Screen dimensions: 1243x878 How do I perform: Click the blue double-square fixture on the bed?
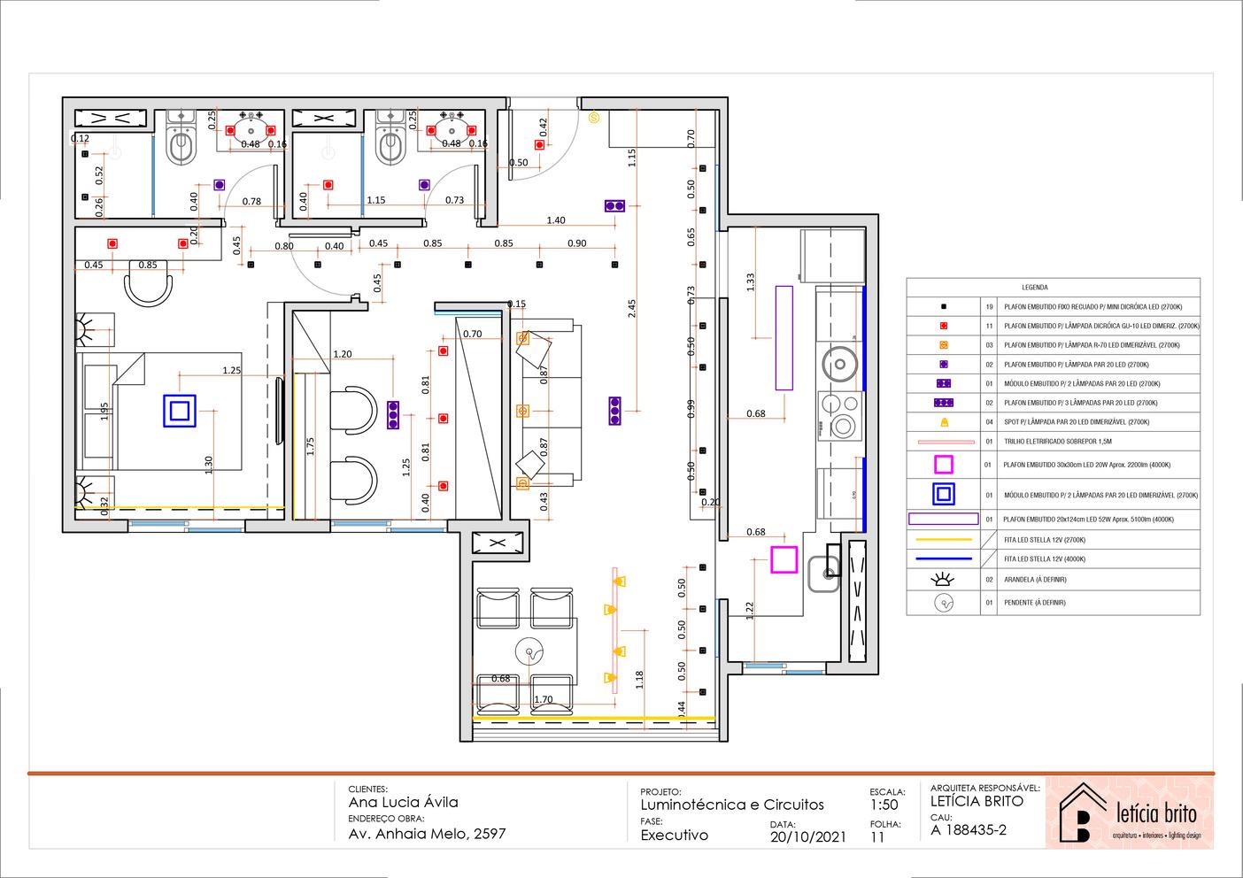(x=179, y=412)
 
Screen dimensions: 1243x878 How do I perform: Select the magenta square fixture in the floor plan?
(x=784, y=560)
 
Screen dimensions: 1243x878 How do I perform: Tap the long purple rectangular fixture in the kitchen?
(x=784, y=337)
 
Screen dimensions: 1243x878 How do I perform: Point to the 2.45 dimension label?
(x=631, y=308)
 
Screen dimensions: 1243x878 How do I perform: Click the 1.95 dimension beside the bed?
(x=104, y=412)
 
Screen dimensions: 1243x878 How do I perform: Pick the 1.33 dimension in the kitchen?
(x=751, y=281)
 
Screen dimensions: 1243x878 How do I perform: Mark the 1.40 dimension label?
(x=556, y=220)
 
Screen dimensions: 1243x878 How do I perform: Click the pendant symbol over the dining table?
(x=529, y=653)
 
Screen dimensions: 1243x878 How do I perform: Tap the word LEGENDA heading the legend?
(x=1034, y=288)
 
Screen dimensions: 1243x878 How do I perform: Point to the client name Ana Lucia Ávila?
(x=404, y=803)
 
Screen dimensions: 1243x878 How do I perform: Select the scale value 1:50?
(x=884, y=805)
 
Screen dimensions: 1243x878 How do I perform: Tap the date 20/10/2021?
(x=808, y=836)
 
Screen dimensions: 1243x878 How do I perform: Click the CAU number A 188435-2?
(x=969, y=830)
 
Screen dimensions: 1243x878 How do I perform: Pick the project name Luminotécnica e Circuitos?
(x=732, y=805)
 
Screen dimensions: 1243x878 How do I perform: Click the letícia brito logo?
(x=1129, y=813)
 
